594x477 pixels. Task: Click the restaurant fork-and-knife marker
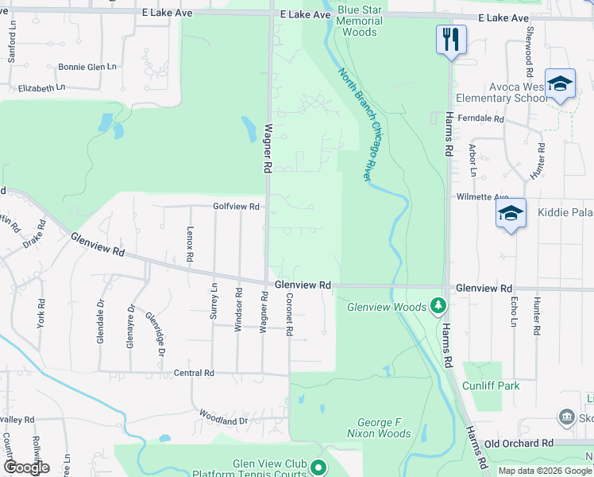(451, 39)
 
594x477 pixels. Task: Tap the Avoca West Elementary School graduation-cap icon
(561, 83)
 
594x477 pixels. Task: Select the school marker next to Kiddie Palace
(511, 214)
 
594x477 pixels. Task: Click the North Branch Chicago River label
(356, 125)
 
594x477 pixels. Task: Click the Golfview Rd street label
(236, 207)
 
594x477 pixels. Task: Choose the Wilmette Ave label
(481, 197)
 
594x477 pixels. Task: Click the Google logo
(26, 467)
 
